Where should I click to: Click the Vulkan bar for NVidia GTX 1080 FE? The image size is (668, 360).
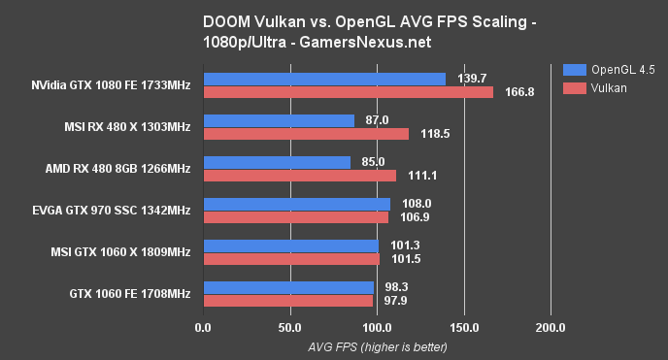pos(348,92)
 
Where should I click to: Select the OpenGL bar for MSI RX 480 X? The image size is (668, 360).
pos(279,120)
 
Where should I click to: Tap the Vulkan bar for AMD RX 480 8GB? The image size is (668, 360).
pos(299,176)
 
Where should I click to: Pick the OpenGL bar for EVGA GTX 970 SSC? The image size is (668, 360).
pos(296,204)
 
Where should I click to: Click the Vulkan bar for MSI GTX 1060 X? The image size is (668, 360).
pos(291,259)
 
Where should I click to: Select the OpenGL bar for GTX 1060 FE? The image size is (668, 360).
pos(288,287)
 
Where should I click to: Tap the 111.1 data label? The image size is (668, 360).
pos(418,176)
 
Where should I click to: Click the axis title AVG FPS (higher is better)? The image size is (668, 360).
pos(377,345)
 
